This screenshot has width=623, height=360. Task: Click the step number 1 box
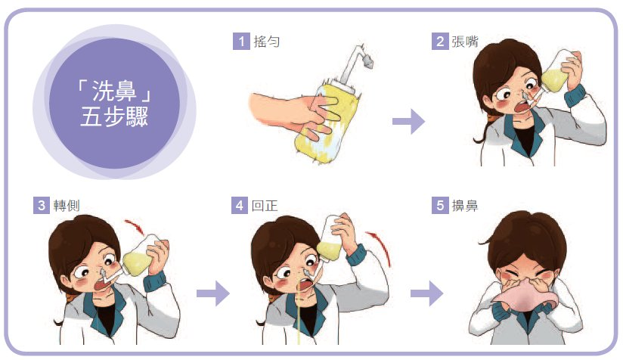coord(241,42)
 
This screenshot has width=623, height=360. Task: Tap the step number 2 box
coord(440,42)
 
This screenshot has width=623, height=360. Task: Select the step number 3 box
coord(42,206)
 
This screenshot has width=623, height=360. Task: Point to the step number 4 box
coord(239,206)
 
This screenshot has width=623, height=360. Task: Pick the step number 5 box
coord(440,206)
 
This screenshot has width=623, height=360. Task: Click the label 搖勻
coord(267,42)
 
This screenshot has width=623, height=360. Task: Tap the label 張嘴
coord(465,42)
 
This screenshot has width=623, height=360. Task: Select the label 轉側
coord(67,206)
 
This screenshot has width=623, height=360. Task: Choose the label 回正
coord(264,206)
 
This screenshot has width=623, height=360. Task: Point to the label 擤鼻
coord(465,206)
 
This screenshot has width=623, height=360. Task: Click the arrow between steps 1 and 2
coord(408,121)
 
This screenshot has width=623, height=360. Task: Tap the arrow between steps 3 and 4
coord(213,293)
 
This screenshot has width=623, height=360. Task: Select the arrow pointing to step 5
coord(426,293)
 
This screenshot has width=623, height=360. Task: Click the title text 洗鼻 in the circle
coord(114,91)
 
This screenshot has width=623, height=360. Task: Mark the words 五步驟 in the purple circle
coord(114,116)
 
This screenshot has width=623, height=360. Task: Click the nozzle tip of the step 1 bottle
coord(368,62)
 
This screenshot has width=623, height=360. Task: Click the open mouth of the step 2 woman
coord(520,107)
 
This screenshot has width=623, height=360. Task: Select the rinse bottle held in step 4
coord(330,239)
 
